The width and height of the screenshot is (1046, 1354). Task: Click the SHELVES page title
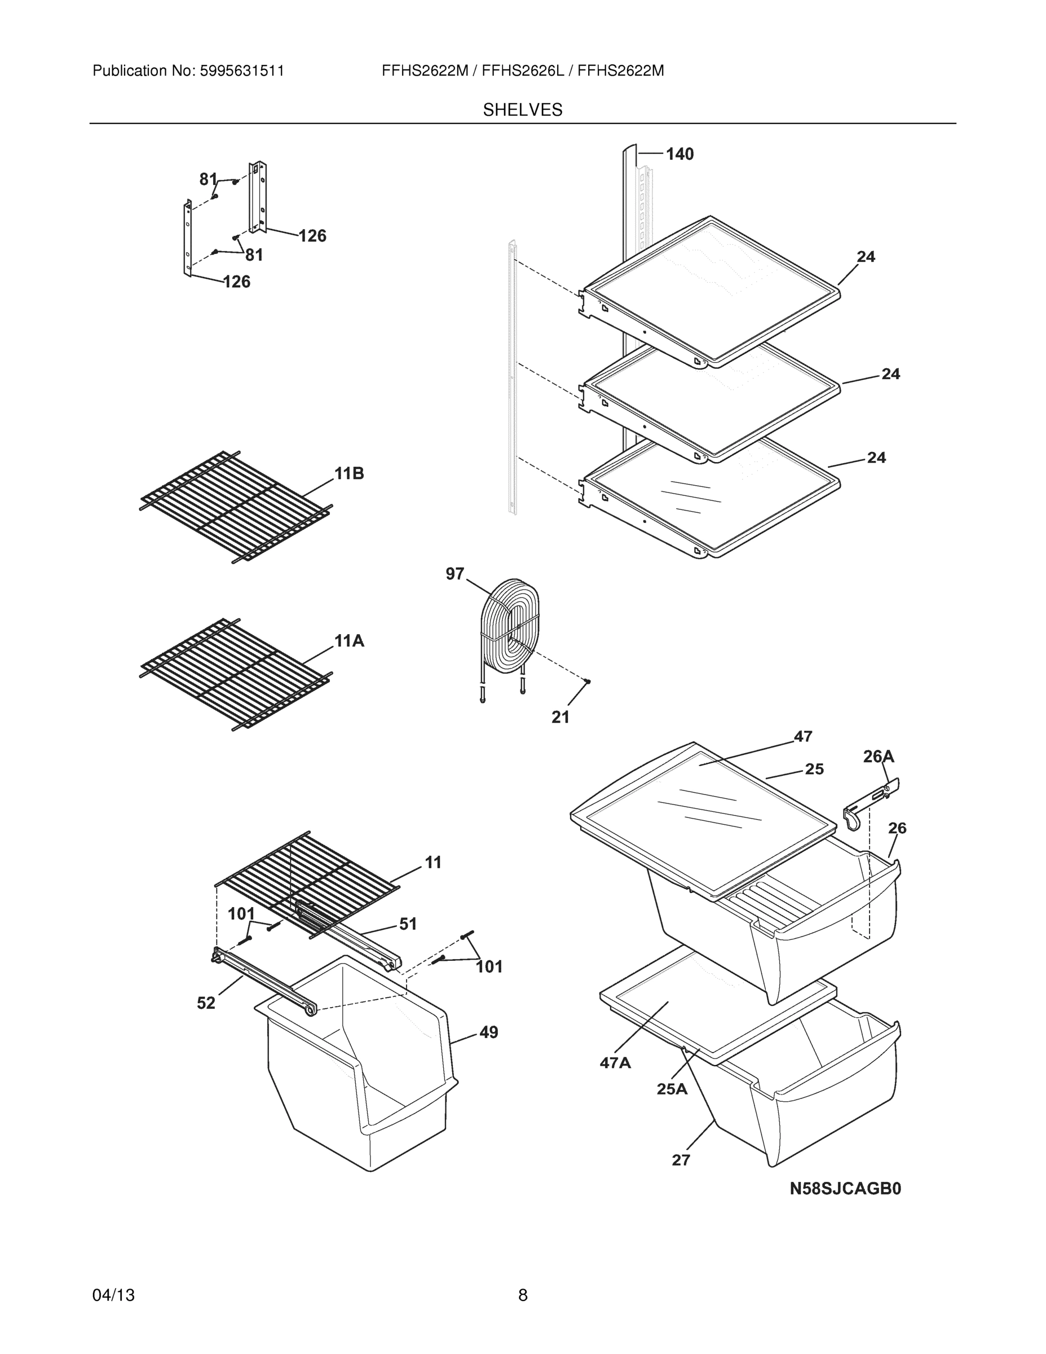pos(522,110)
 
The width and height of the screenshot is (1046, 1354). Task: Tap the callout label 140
pos(680,154)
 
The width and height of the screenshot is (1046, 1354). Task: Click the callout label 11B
pos(349,474)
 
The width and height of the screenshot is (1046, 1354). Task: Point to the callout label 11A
pos(349,641)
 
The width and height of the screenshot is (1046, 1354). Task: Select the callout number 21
pos(560,717)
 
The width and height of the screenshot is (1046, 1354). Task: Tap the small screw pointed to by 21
pos(588,682)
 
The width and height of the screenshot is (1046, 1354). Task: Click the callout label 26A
pos(878,757)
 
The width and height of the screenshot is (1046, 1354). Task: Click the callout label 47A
pos(615,1063)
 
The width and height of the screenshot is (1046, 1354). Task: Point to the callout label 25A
pos(672,1089)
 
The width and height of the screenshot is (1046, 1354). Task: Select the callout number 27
pos(681,1160)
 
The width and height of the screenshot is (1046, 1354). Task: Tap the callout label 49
pos(488,1032)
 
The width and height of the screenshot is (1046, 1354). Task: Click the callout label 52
pos(206,1003)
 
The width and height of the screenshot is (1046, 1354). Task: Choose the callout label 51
pos(408,924)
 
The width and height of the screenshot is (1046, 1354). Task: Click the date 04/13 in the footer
pos(113,1295)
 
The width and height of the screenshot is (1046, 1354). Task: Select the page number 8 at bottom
pos(522,1295)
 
